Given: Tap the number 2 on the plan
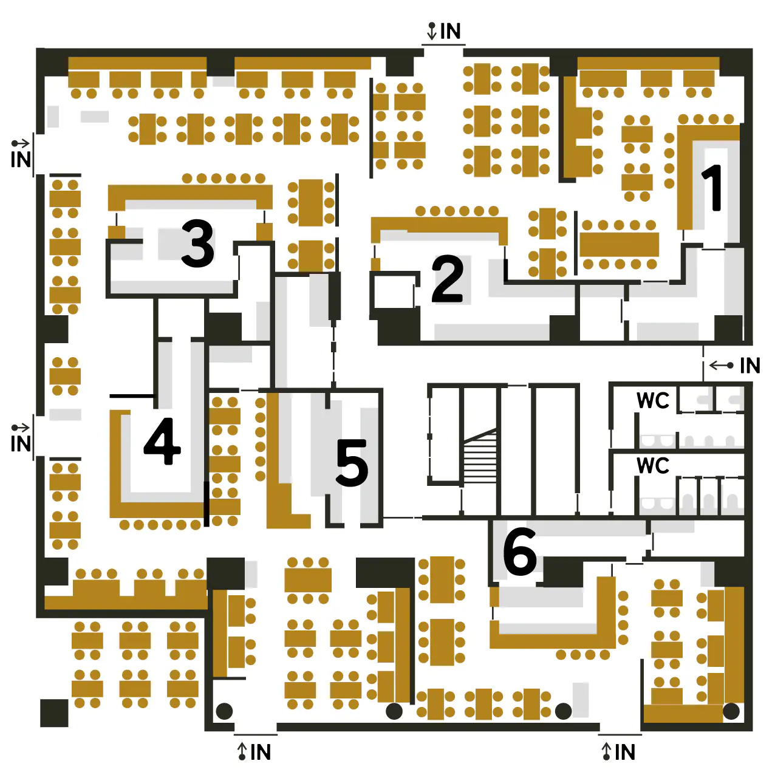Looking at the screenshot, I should click(x=448, y=279).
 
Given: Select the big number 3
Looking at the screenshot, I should click(x=197, y=244).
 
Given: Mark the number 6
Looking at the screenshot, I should click(x=520, y=551).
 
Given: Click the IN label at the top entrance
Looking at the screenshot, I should click(x=450, y=31).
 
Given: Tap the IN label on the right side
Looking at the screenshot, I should click(x=750, y=366).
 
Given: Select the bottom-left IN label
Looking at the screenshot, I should click(x=261, y=752).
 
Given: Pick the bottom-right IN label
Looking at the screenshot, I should click(x=625, y=752).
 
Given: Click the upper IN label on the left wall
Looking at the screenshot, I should click(x=21, y=159).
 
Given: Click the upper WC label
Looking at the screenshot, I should click(x=653, y=401).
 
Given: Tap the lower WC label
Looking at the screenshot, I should click(x=653, y=466).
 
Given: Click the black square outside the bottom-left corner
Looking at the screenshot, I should click(x=54, y=713).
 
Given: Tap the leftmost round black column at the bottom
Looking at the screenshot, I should click(x=224, y=711).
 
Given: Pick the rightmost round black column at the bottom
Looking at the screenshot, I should click(x=731, y=711).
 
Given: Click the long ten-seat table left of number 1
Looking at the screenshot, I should click(x=619, y=244).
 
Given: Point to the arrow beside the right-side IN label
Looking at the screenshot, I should click(x=722, y=366).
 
